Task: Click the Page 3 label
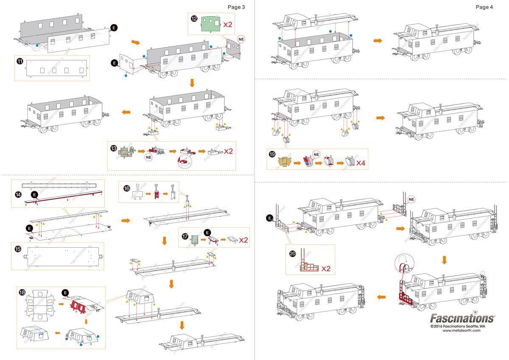(236, 7)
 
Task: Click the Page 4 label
(484, 7)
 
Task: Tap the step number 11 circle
(20, 61)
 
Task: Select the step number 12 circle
(194, 19)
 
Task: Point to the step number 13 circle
(113, 148)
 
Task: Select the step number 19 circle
(272, 154)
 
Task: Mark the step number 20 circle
(293, 253)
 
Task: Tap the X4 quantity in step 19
(361, 163)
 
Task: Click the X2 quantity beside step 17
(243, 240)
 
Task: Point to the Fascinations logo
(462, 318)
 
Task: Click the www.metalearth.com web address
(461, 331)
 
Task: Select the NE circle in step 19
(316, 154)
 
